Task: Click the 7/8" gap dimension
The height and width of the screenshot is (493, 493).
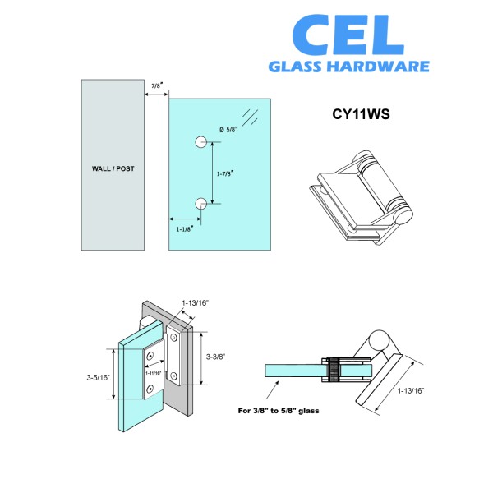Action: click(156, 85)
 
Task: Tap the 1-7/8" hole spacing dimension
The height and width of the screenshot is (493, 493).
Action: click(227, 173)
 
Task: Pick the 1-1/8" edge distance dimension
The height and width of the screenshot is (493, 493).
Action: click(186, 229)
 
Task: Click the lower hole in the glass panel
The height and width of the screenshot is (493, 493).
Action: click(201, 204)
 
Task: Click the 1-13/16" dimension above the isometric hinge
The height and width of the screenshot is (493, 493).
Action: click(196, 303)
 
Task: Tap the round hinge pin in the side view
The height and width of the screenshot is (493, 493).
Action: click(381, 339)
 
